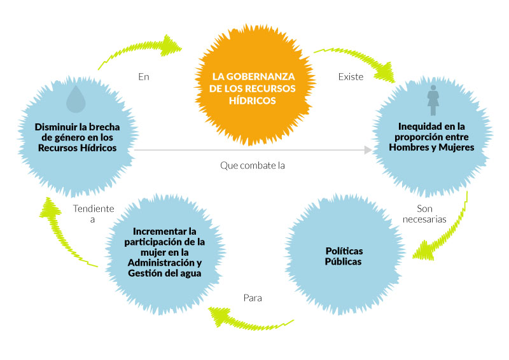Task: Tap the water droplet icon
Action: click(77, 99)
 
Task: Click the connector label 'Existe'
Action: click(351, 77)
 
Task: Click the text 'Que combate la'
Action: click(252, 166)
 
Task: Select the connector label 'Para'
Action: click(253, 297)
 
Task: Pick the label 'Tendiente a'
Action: click(93, 214)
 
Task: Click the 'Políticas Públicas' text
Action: click(344, 256)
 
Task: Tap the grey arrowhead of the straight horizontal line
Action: click(368, 150)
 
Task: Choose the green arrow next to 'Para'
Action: click(248, 317)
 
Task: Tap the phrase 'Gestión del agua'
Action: click(165, 273)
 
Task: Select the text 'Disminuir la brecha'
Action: click(77, 126)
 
